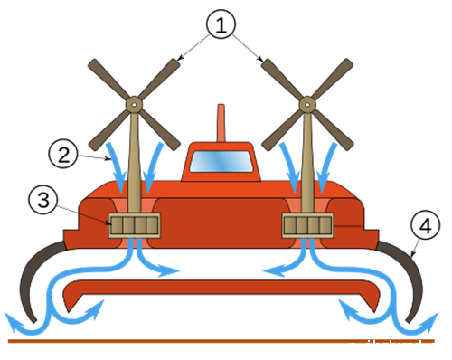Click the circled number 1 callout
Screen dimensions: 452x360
(x=221, y=24)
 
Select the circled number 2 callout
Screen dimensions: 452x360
(x=63, y=154)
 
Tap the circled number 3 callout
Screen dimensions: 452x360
(x=43, y=200)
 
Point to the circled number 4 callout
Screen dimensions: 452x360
(x=425, y=225)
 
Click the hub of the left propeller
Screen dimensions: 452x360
(x=134, y=105)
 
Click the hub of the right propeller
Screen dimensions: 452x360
(x=307, y=105)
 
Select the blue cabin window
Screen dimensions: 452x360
(x=221, y=162)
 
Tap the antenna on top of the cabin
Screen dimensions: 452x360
(x=221, y=123)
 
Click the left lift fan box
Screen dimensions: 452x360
(x=135, y=225)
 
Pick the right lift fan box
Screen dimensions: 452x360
(x=307, y=225)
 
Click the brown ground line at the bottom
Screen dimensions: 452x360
(x=221, y=341)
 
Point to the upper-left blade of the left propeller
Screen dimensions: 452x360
(x=108, y=79)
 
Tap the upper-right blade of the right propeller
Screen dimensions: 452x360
(x=333, y=79)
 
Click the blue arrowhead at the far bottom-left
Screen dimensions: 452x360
(x=14, y=323)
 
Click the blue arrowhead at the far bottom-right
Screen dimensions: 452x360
(x=429, y=323)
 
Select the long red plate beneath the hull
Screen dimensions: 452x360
(x=221, y=288)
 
